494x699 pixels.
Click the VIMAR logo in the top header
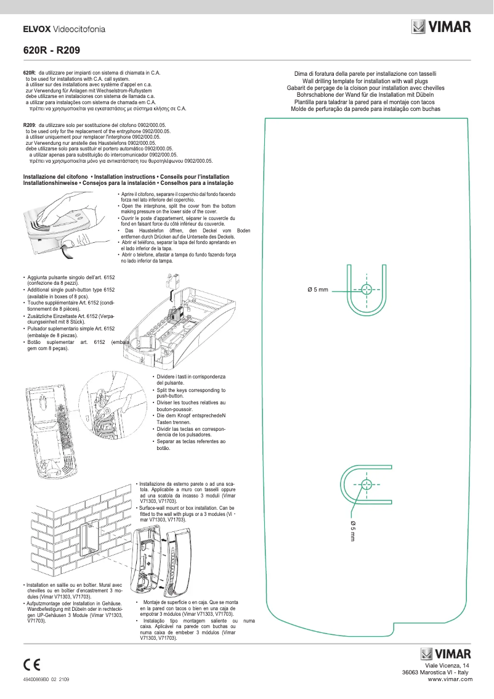(x=441, y=27)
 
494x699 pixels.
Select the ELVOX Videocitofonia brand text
(x=63, y=29)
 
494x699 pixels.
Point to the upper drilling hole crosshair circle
(x=366, y=289)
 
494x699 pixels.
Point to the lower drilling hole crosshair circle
(x=366, y=483)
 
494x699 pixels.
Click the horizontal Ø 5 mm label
(x=318, y=290)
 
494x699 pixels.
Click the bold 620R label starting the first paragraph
(x=29, y=73)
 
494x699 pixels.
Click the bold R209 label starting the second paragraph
(x=29, y=125)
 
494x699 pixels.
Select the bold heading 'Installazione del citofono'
(x=59, y=177)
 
